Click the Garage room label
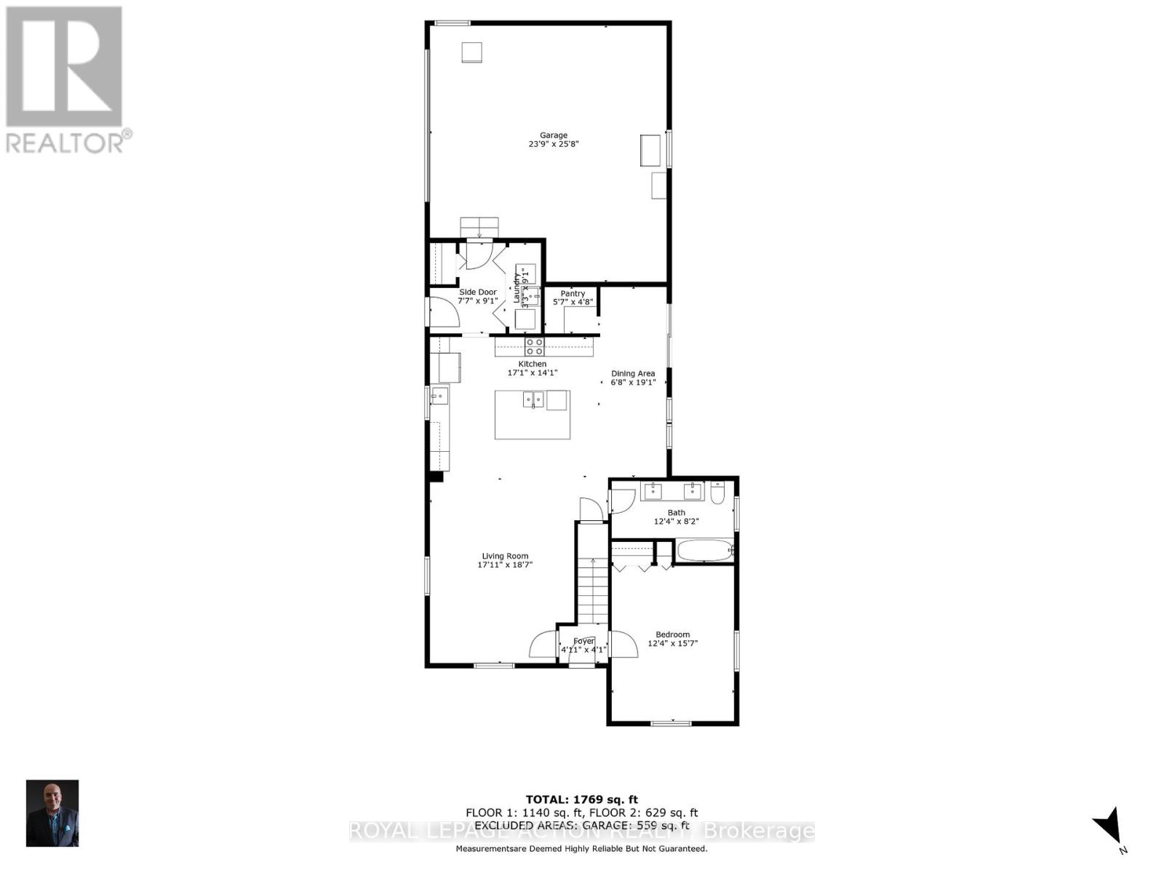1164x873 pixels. [553, 135]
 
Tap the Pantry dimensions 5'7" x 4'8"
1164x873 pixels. [573, 302]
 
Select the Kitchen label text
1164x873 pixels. [532, 364]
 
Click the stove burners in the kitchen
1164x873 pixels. [535, 346]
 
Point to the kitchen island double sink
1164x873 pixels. [533, 399]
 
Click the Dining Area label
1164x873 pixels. [633, 373]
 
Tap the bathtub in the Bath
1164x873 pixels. [704, 551]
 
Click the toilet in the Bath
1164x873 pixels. [718, 494]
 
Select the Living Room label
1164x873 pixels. [505, 556]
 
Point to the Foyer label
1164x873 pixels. [583, 641]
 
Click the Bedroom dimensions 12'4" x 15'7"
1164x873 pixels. [673, 643]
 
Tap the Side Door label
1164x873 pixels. [477, 292]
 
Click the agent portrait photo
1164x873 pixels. [52, 813]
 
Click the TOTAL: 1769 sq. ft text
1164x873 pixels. [581, 800]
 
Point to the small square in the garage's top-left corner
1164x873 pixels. [471, 52]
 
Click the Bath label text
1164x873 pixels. [676, 512]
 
